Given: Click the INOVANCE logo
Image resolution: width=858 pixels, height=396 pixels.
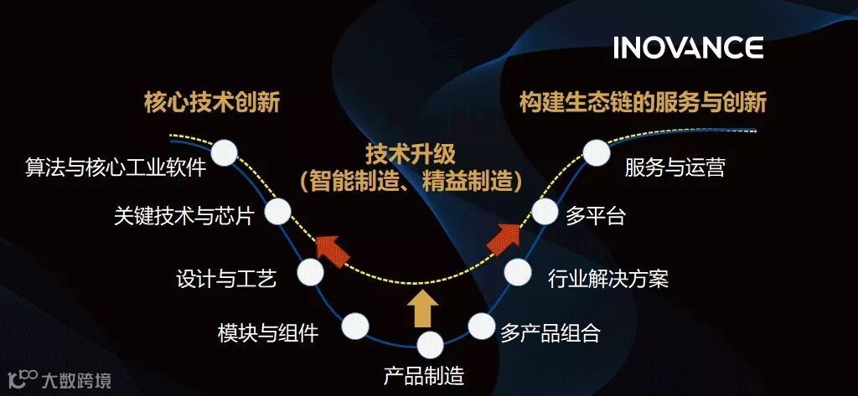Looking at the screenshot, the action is click(x=687, y=48).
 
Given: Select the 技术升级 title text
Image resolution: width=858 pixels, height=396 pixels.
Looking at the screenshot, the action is click(x=411, y=154).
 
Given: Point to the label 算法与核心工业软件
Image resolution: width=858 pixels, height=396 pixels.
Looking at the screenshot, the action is click(x=116, y=168).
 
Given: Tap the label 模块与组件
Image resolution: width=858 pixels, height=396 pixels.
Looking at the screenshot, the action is click(x=268, y=332).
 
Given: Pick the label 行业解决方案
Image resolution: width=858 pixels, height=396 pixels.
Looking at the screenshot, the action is click(x=607, y=278).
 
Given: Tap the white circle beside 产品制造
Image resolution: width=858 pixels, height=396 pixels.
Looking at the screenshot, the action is click(x=430, y=344).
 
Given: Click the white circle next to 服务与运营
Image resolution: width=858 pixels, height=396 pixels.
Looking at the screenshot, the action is click(x=596, y=152).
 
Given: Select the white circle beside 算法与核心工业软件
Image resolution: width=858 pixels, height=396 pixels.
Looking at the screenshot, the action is click(x=225, y=152).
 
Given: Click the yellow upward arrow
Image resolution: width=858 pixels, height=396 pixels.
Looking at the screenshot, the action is click(x=421, y=309).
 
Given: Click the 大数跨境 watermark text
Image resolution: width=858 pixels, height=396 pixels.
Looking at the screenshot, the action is click(x=75, y=381).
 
